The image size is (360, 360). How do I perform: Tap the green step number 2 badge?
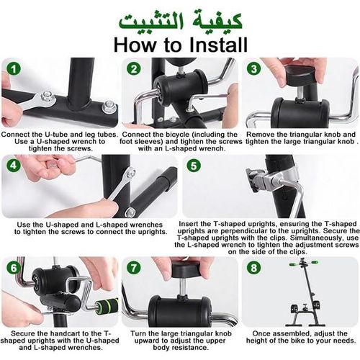133,70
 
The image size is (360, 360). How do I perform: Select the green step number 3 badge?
253,69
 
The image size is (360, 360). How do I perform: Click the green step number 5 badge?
193,165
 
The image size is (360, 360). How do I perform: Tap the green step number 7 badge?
132,268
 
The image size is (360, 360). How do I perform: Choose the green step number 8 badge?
253,268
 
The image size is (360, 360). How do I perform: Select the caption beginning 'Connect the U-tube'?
59,138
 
